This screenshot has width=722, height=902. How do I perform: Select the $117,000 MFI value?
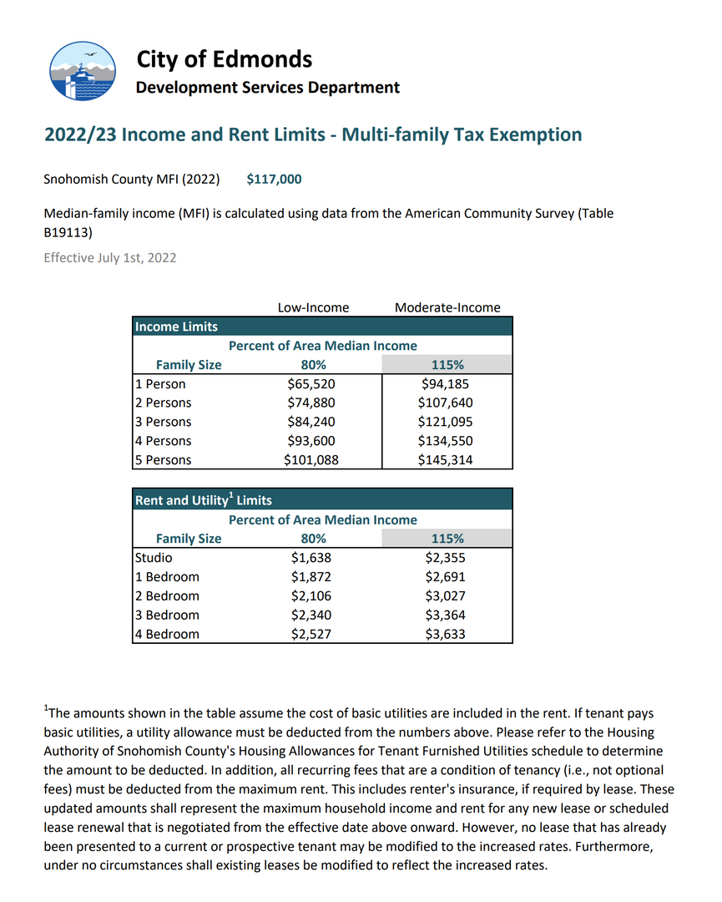[x=274, y=180]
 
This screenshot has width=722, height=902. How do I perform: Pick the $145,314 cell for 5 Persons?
[x=445, y=460]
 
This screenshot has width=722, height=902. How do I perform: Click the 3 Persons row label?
[x=163, y=423]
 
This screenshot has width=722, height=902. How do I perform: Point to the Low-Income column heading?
[x=313, y=308]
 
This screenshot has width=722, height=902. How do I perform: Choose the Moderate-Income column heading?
[x=447, y=308]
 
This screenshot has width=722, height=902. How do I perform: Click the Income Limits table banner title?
[x=177, y=327]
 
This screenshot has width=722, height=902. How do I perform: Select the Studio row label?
[x=153, y=558]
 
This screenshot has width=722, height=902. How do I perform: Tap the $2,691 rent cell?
[x=445, y=577]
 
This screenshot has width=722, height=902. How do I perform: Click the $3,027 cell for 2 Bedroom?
[x=445, y=596]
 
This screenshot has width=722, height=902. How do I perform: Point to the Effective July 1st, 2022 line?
[x=110, y=258]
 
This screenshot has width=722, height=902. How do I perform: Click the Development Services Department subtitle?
[x=267, y=88]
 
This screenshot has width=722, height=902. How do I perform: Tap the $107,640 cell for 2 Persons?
[x=445, y=403]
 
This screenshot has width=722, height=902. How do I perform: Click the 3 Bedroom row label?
[x=167, y=616]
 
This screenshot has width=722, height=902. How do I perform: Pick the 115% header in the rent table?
[x=447, y=539]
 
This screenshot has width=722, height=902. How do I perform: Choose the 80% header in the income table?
[x=313, y=365]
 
